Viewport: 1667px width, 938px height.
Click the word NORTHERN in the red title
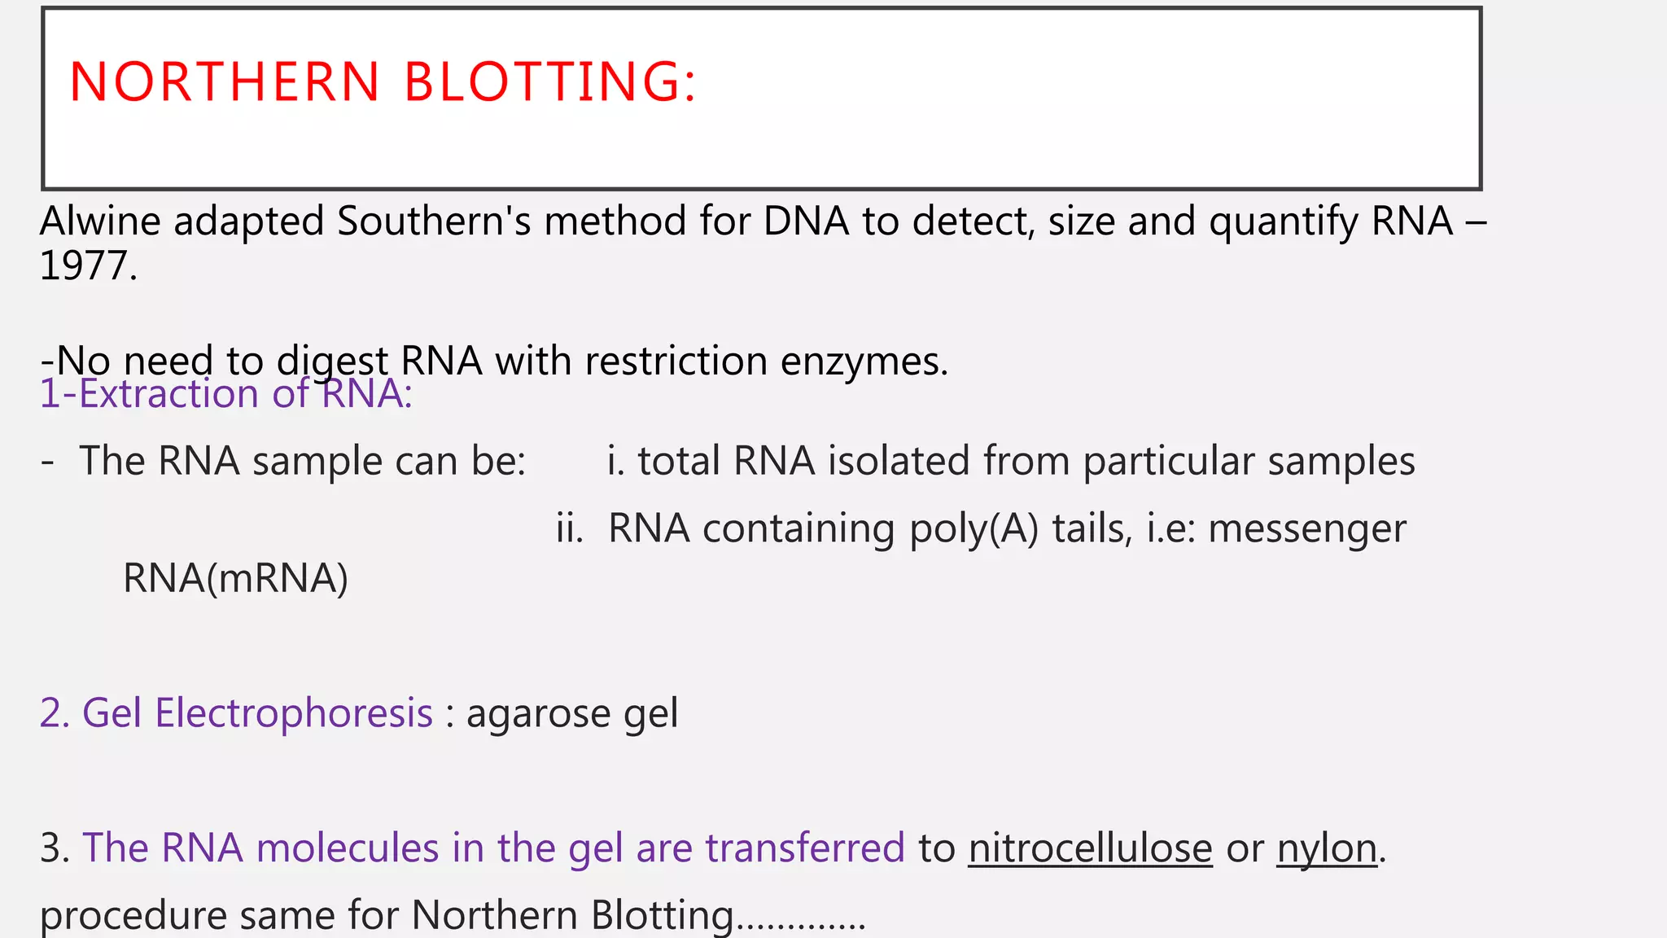[x=225, y=82]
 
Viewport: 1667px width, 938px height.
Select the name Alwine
[x=100, y=221]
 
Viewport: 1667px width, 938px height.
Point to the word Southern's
[x=434, y=221]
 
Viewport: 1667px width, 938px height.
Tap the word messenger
[x=1306, y=529]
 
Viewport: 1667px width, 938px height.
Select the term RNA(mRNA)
[x=235, y=579]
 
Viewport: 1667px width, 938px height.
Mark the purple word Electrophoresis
[x=294, y=713]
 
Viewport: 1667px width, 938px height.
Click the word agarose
[x=538, y=714]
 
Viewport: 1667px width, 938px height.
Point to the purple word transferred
[x=804, y=848]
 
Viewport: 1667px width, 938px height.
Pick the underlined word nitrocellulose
[x=1090, y=848]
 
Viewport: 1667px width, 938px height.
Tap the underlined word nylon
[x=1326, y=849]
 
